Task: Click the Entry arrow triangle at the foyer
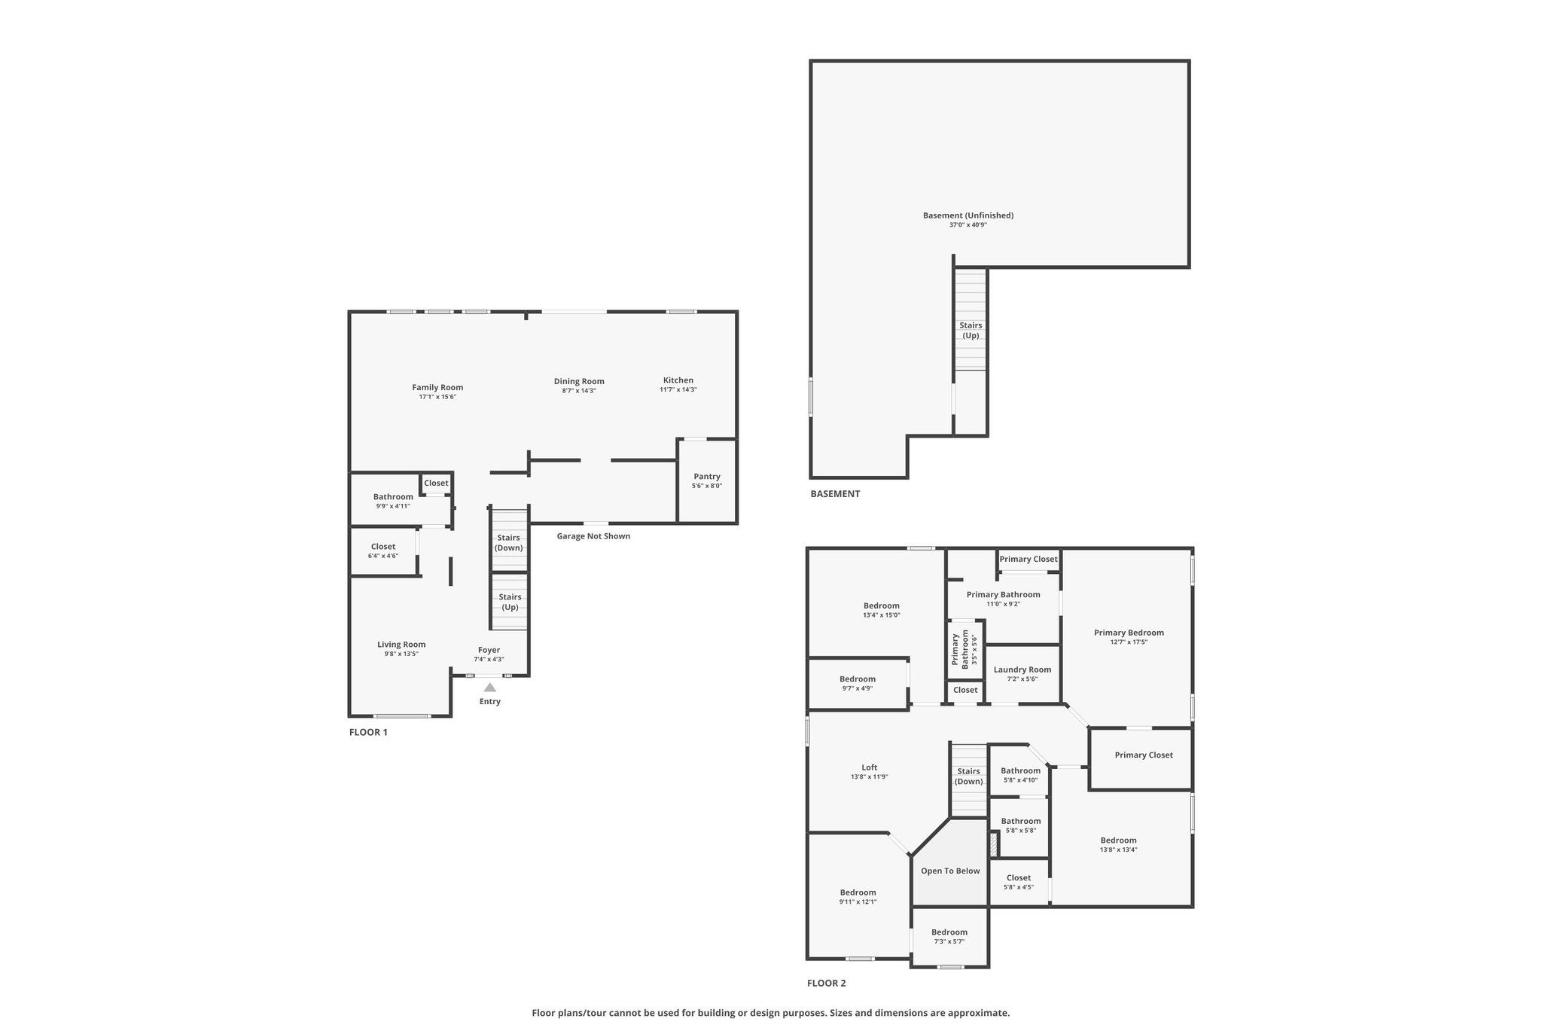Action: pyautogui.click(x=489, y=687)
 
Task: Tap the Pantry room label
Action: pyautogui.click(x=707, y=476)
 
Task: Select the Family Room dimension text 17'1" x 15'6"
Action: pyautogui.click(x=437, y=397)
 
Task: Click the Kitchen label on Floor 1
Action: pyautogui.click(x=678, y=380)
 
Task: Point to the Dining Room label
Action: pyautogui.click(x=579, y=381)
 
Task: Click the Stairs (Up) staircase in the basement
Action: pyautogui.click(x=971, y=319)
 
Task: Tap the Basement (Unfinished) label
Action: pyautogui.click(x=968, y=215)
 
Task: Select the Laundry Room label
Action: pyautogui.click(x=1022, y=670)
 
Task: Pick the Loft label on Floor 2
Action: pyautogui.click(x=870, y=767)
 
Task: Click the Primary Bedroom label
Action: pyautogui.click(x=1129, y=633)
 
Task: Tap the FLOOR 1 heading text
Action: pyautogui.click(x=368, y=732)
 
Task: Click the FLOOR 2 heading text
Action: pyautogui.click(x=827, y=983)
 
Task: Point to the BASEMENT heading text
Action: pyautogui.click(x=835, y=494)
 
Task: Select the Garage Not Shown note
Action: pyautogui.click(x=593, y=536)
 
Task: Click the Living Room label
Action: pyautogui.click(x=401, y=645)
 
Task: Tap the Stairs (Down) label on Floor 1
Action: pyautogui.click(x=509, y=542)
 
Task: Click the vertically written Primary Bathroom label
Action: pyautogui.click(x=960, y=649)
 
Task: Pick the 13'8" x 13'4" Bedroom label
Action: pyautogui.click(x=1119, y=840)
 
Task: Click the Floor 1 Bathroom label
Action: pyautogui.click(x=393, y=496)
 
